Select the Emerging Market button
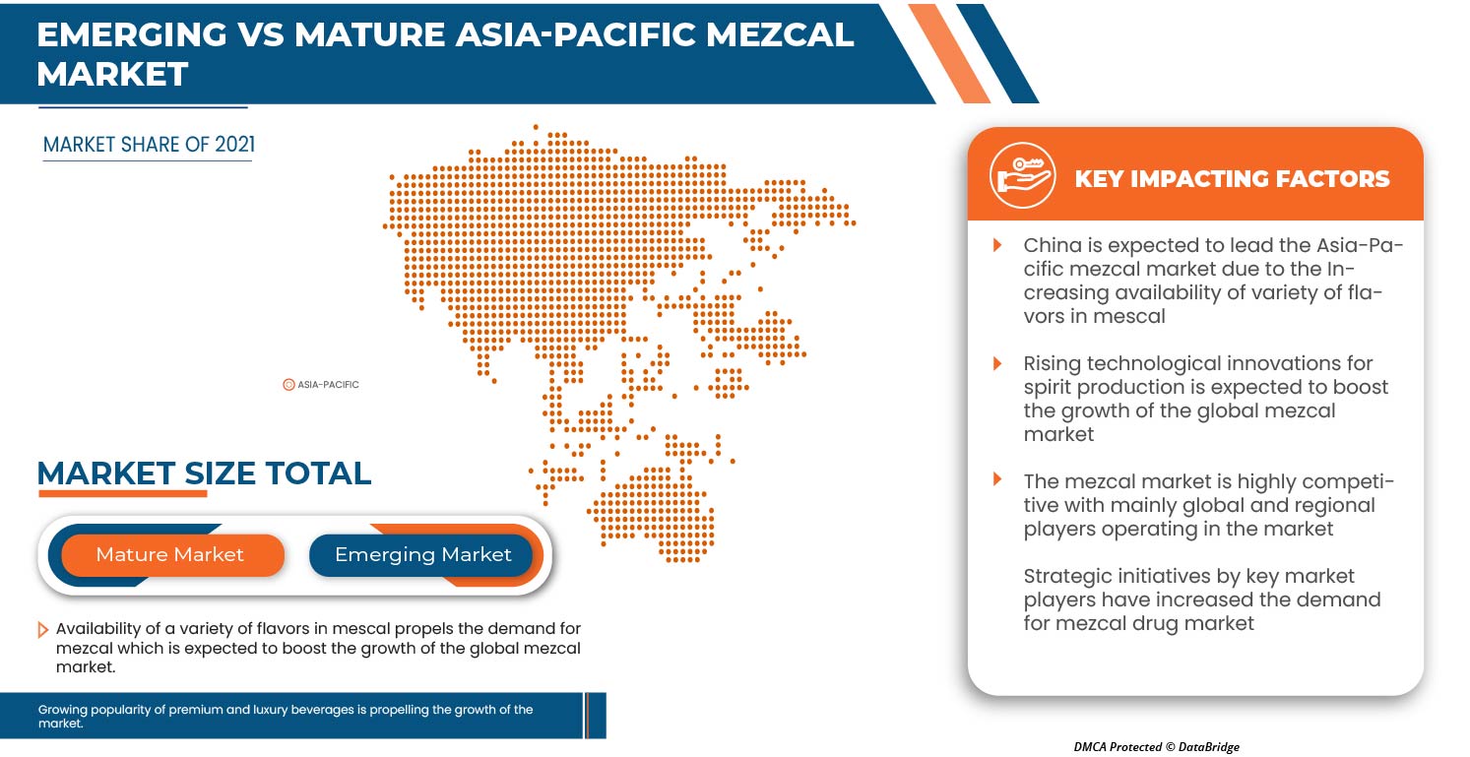coord(421,555)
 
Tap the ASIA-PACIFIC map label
coord(328,384)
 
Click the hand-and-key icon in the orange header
coord(1022,175)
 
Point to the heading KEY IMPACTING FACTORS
coord(1232,178)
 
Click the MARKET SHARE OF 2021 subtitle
coord(149,145)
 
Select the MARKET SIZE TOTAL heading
coord(204,473)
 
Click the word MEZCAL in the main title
coord(780,34)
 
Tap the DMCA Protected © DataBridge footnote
coord(1156,746)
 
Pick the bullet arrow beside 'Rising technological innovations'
coord(997,363)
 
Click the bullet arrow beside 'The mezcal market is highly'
coord(997,478)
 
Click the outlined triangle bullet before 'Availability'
coord(42,630)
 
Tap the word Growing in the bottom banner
coord(62,709)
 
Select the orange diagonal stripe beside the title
coord(949,53)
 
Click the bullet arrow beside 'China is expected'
coord(997,245)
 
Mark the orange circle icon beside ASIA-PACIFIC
coord(288,385)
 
